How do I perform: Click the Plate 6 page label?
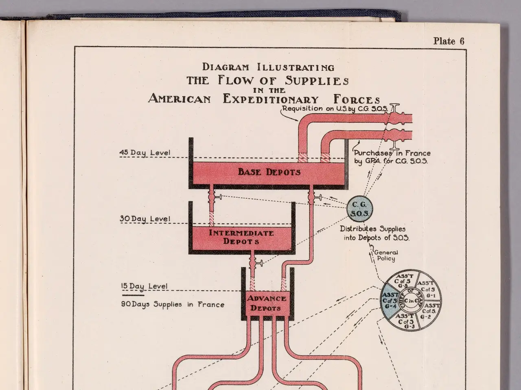pyautogui.click(x=449, y=41)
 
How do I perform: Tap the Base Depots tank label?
pyautogui.click(x=269, y=172)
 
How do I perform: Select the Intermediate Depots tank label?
pyautogui.click(x=241, y=237)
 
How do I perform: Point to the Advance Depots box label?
pyautogui.click(x=267, y=303)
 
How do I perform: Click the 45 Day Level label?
pyautogui.click(x=145, y=153)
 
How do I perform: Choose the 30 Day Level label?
pyautogui.click(x=145, y=219)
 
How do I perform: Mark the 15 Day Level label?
pyautogui.click(x=144, y=286)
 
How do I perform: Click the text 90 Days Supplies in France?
pyautogui.click(x=173, y=304)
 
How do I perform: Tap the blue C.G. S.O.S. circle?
pyautogui.click(x=359, y=209)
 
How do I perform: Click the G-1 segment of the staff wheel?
pyautogui.click(x=427, y=289)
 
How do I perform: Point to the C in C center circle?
pyautogui.click(x=411, y=301)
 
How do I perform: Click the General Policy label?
pyautogui.click(x=385, y=256)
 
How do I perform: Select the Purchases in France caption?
pyautogui.click(x=392, y=157)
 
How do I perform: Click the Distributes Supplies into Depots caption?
pyautogui.click(x=374, y=233)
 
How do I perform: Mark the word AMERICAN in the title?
pyautogui.click(x=180, y=99)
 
